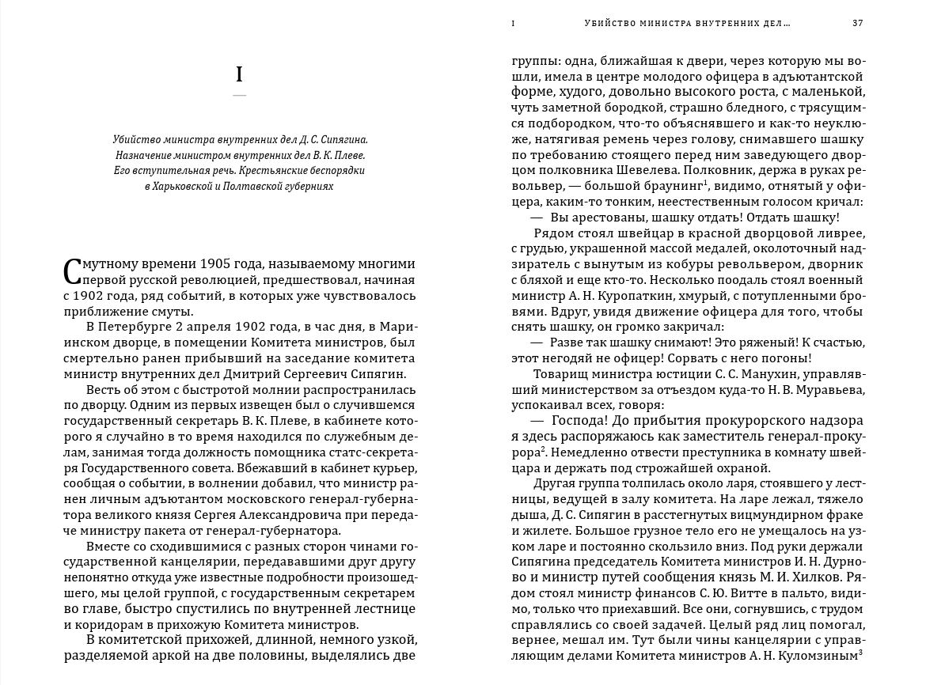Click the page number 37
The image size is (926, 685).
857,24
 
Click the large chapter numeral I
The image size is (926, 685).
239,76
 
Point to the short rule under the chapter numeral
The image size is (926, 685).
239,96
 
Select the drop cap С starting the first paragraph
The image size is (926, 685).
72,271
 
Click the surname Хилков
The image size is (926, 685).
833,577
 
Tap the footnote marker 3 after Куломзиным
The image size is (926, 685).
860,652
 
